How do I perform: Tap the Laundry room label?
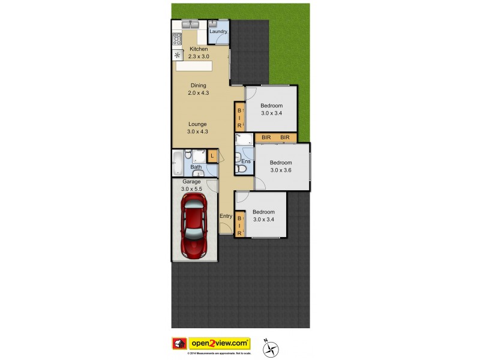[x=218, y=31]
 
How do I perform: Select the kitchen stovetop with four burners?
[x=178, y=40]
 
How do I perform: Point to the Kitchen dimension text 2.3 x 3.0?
[x=199, y=56]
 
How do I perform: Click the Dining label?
[x=198, y=85]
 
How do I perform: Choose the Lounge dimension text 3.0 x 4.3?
[x=197, y=131]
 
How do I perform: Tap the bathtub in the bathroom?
[x=178, y=163]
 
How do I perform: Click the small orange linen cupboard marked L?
[x=212, y=155]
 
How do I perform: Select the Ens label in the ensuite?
[x=245, y=161]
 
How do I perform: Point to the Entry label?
[x=226, y=216]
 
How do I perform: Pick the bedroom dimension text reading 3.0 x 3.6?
[x=280, y=170]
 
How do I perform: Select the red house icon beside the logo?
[x=179, y=344]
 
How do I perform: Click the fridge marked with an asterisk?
[x=178, y=55]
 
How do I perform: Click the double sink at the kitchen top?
[x=191, y=25]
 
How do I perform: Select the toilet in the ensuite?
[x=242, y=169]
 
